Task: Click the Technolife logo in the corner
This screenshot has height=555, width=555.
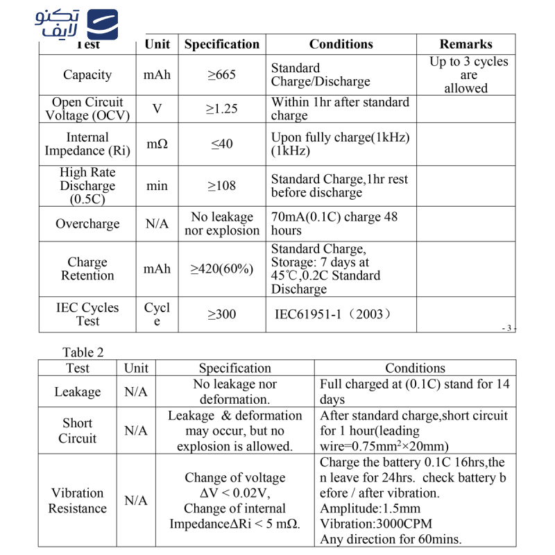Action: pyautogui.click(x=76, y=25)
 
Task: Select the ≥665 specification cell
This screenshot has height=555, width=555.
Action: pyautogui.click(x=222, y=75)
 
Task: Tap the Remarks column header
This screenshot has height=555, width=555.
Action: pyautogui.click(x=466, y=44)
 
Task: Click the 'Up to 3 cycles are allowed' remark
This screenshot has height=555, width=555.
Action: pyautogui.click(x=467, y=75)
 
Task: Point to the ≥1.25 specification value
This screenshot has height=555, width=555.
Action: pyautogui.click(x=222, y=109)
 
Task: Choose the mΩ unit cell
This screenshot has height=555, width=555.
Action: pyautogui.click(x=157, y=144)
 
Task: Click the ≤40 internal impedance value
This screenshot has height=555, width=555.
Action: pyautogui.click(x=222, y=144)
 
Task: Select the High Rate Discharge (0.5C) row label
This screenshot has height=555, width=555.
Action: pyautogui.click(x=87, y=186)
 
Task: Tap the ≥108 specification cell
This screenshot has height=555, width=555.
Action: pyautogui.click(x=222, y=186)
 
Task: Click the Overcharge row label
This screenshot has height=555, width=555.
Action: pyautogui.click(x=87, y=224)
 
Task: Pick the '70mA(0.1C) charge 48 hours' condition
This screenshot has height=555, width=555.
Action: pyautogui.click(x=334, y=224)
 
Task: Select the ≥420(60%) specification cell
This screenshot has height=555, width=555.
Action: pyautogui.click(x=222, y=269)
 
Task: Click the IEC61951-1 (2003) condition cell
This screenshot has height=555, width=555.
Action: pyautogui.click(x=333, y=314)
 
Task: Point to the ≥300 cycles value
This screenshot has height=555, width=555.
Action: pyautogui.click(x=222, y=314)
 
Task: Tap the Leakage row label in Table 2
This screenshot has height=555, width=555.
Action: pyautogui.click(x=77, y=392)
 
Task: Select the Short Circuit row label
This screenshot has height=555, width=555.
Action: pyautogui.click(x=77, y=431)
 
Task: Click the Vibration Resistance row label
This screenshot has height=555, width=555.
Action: pyautogui.click(x=77, y=501)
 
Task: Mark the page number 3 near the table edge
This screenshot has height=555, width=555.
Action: pyautogui.click(x=509, y=328)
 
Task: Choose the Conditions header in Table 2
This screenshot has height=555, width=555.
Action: pyautogui.click(x=415, y=368)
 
